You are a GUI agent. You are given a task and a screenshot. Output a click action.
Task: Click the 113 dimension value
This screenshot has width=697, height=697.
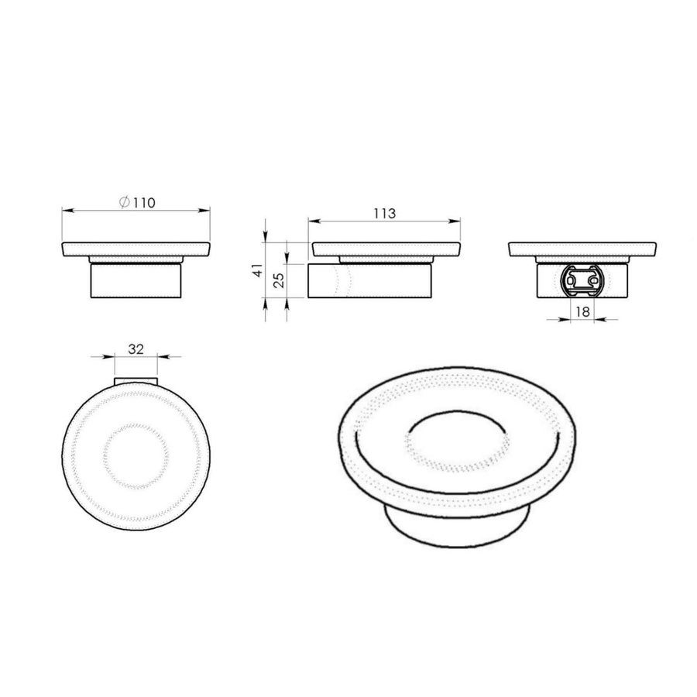[385, 214]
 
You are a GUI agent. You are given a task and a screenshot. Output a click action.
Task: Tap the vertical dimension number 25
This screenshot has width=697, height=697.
[280, 280]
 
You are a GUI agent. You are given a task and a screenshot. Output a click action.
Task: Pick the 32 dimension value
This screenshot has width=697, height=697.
[136, 349]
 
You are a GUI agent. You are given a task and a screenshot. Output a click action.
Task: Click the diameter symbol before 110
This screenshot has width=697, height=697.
[124, 203]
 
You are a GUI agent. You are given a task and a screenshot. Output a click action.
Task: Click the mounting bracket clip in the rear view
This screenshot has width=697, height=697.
[584, 281]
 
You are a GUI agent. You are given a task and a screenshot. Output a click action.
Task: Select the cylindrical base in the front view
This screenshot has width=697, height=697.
[136, 281]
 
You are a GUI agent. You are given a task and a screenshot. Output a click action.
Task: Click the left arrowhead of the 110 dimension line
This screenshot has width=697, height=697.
[65, 210]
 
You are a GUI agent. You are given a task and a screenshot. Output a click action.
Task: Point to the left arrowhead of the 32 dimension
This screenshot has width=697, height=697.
[110, 357]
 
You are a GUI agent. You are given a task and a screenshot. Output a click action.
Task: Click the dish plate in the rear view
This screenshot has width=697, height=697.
[584, 249]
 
